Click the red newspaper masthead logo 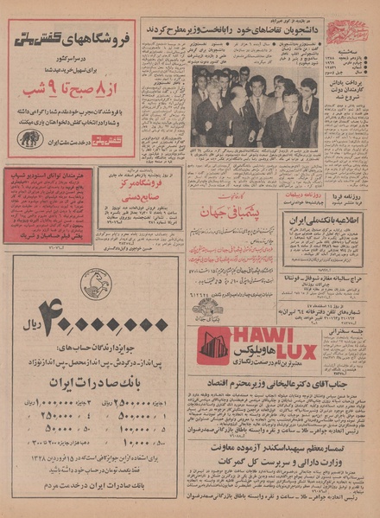[x=348, y=32]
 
